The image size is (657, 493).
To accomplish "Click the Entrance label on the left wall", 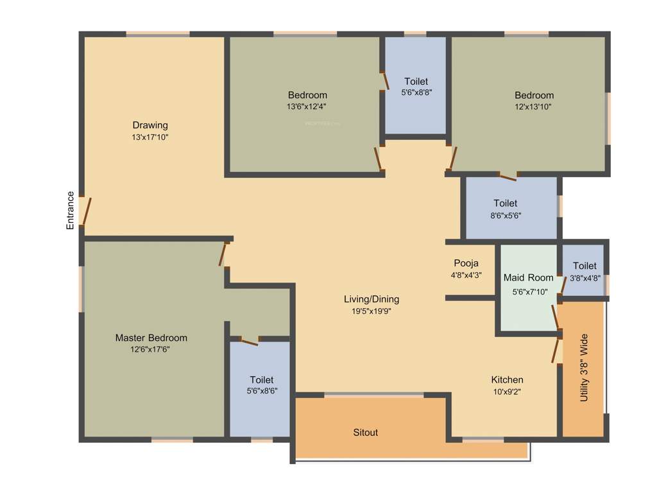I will [71, 211].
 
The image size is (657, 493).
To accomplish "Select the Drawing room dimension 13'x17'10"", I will [150, 137].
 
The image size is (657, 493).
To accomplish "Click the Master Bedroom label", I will [151, 338].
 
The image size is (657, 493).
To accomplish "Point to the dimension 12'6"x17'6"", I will [150, 349].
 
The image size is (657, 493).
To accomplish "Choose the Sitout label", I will [366, 433].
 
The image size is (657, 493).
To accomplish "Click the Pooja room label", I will [466, 263].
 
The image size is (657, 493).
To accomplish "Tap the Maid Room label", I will [528, 278].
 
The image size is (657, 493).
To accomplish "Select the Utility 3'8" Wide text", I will [584, 368].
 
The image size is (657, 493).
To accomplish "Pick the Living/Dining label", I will [371, 299].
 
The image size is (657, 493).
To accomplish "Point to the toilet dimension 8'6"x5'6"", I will [506, 216].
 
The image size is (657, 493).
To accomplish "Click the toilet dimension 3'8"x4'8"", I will [584, 278].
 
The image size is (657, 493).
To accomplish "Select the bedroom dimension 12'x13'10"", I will [533, 107].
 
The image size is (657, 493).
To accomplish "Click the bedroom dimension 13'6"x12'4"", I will [307, 107].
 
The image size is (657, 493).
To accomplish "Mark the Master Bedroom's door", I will [223, 254].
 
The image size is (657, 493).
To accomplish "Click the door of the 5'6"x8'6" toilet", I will [245, 340].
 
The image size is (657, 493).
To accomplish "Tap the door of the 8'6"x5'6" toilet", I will [508, 175].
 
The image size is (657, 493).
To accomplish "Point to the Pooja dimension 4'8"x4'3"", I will [466, 275].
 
